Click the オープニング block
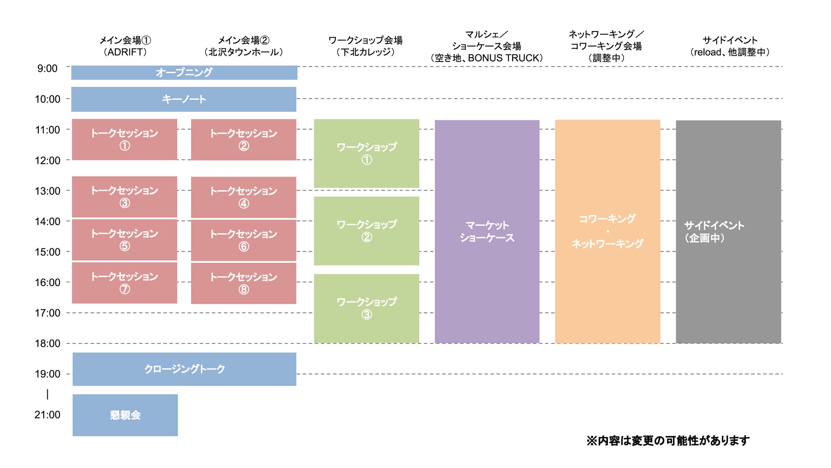point(184,73)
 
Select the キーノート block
point(184,99)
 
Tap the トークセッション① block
point(124,140)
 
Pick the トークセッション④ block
point(243,197)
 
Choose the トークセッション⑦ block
point(124,282)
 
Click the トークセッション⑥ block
point(243,240)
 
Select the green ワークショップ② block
point(366,231)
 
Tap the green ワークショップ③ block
point(366,308)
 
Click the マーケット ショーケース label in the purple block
point(487,231)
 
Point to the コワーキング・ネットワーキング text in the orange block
point(607,231)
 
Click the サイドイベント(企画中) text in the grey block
point(714,231)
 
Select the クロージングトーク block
point(184,369)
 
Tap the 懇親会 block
point(125,415)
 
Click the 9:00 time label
point(47,69)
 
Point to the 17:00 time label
point(47,313)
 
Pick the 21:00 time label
point(47,415)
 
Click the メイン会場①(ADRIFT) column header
point(125,46)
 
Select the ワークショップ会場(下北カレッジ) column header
point(365,46)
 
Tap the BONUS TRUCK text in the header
point(505,58)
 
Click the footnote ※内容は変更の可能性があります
point(668,441)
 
